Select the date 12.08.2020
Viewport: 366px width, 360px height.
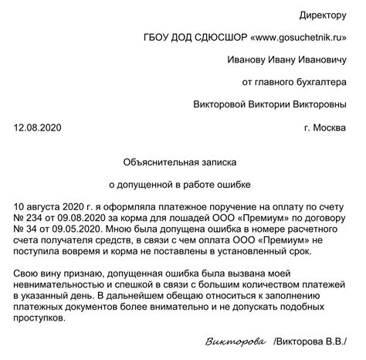pos(37,127)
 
